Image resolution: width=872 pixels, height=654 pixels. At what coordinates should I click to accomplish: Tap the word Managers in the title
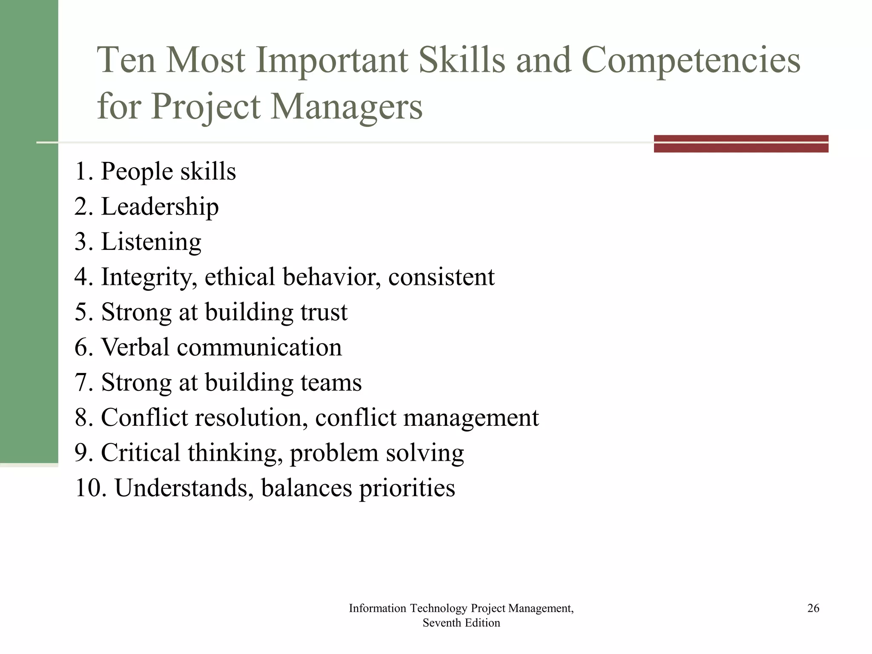[347, 106]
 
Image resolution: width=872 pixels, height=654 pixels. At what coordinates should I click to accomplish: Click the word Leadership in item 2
[160, 207]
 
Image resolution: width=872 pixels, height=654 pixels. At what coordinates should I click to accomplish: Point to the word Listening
[151, 242]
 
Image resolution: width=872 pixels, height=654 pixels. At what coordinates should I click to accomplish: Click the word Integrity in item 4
[149, 278]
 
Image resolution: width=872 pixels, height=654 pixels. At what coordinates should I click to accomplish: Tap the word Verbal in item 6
[135, 347]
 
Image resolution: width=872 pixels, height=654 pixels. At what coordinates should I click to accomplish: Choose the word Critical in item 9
[141, 453]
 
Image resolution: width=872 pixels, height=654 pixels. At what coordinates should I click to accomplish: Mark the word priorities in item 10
[407, 488]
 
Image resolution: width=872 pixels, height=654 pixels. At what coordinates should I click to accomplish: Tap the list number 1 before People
[81, 172]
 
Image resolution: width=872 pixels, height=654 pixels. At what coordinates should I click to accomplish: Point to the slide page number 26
[813, 608]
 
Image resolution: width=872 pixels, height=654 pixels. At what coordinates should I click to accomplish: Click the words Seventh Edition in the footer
[461, 623]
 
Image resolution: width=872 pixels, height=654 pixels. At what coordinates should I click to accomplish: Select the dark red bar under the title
[741, 143]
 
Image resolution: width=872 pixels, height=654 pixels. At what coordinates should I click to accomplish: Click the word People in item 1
[137, 172]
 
